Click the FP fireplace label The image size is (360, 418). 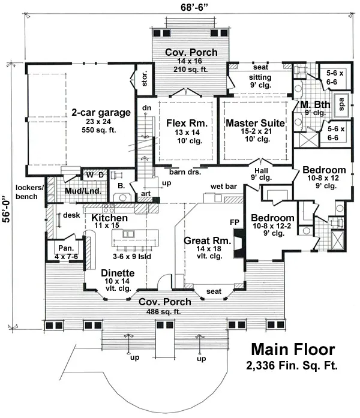point(235,221)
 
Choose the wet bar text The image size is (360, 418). point(223,187)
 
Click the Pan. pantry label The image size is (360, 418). point(64,249)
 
